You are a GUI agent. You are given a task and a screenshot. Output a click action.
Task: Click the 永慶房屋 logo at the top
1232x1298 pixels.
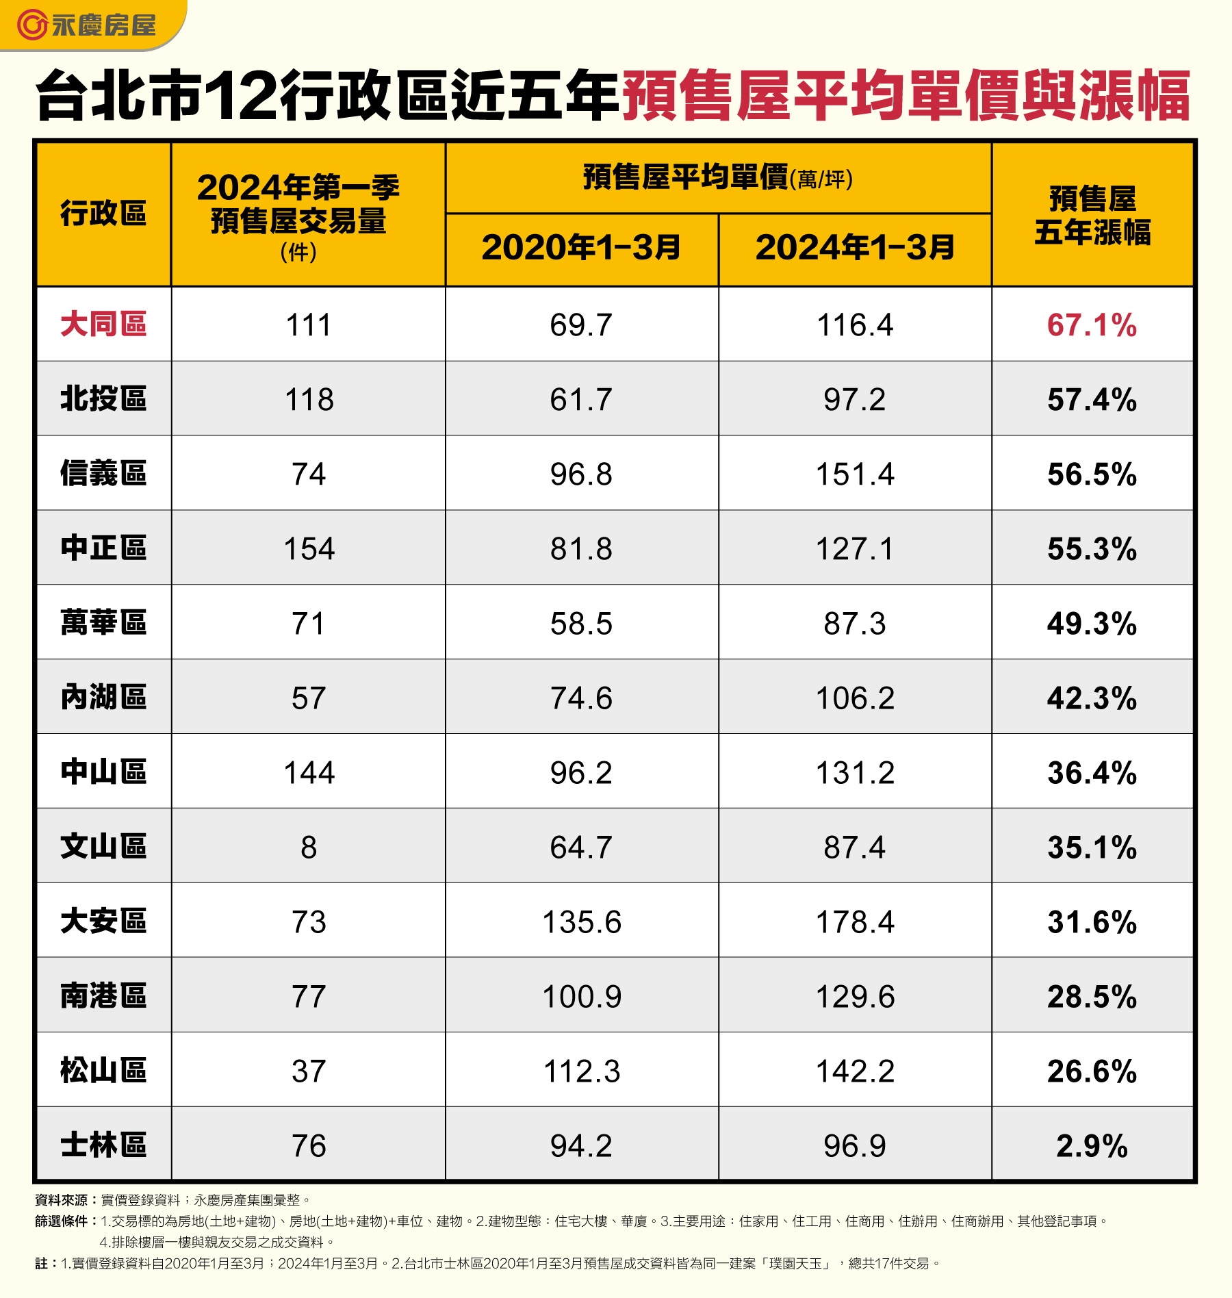point(87,25)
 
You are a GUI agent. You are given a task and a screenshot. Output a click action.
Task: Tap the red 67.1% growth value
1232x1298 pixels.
point(1092,325)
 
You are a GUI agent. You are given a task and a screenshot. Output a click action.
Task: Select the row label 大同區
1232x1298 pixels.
point(103,324)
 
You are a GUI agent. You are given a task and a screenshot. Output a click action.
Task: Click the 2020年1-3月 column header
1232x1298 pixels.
point(581,248)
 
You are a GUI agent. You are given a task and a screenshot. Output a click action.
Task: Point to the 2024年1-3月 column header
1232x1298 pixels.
point(855,248)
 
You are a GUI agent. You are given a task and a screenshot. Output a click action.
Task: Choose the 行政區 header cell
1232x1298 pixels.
point(103,214)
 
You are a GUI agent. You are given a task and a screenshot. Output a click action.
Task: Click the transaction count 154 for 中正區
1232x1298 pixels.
point(309,549)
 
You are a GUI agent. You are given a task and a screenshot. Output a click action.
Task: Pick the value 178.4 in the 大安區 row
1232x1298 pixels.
point(855,922)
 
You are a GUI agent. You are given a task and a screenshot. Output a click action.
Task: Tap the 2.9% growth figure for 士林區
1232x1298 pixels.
point(1092,1146)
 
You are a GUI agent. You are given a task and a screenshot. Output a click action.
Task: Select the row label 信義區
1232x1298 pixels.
point(103,474)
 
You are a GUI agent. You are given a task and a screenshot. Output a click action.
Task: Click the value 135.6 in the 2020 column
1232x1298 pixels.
point(582,922)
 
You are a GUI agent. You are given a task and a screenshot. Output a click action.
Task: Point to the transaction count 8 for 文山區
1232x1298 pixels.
point(309,848)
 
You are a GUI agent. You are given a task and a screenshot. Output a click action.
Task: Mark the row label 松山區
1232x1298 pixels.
point(103,1071)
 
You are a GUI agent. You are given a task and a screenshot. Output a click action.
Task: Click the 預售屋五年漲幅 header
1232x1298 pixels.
point(1092,215)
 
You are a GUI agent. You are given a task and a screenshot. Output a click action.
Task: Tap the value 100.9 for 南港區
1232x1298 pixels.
point(582,997)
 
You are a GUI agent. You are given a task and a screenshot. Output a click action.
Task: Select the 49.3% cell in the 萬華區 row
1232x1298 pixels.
point(1092,624)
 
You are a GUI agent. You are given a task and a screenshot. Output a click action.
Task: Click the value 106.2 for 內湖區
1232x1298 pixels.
point(855,698)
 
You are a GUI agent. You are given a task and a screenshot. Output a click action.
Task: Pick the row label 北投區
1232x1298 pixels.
point(103,399)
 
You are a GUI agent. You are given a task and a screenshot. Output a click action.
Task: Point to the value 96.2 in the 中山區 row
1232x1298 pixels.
point(581,773)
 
